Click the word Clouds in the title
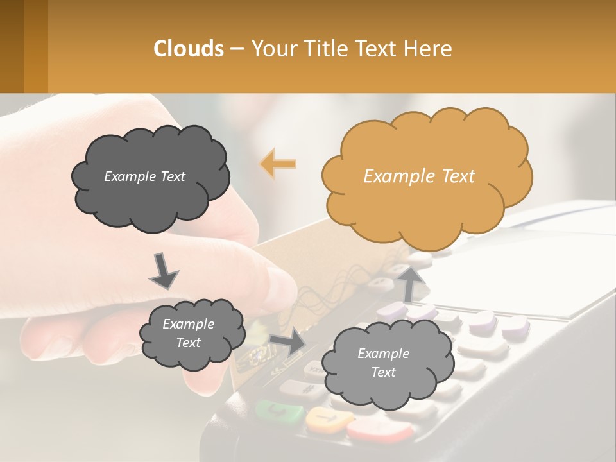click(189, 49)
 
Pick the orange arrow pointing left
click(278, 164)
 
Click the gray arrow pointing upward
click(409, 282)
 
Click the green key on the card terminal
click(279, 412)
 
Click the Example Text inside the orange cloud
click(419, 176)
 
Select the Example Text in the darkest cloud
click(144, 176)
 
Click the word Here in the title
click(428, 49)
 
